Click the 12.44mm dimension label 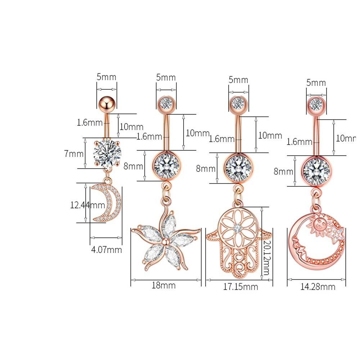pyautogui.click(x=87, y=205)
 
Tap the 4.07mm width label pyautogui.click(x=107, y=249)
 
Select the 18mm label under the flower pyautogui.click(x=164, y=285)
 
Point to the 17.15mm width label pyautogui.click(x=240, y=287)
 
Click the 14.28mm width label pyautogui.click(x=318, y=287)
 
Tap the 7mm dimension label pyautogui.click(x=74, y=154)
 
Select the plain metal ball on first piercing pyautogui.click(x=106, y=104)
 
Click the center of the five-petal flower pyautogui.click(x=165, y=242)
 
